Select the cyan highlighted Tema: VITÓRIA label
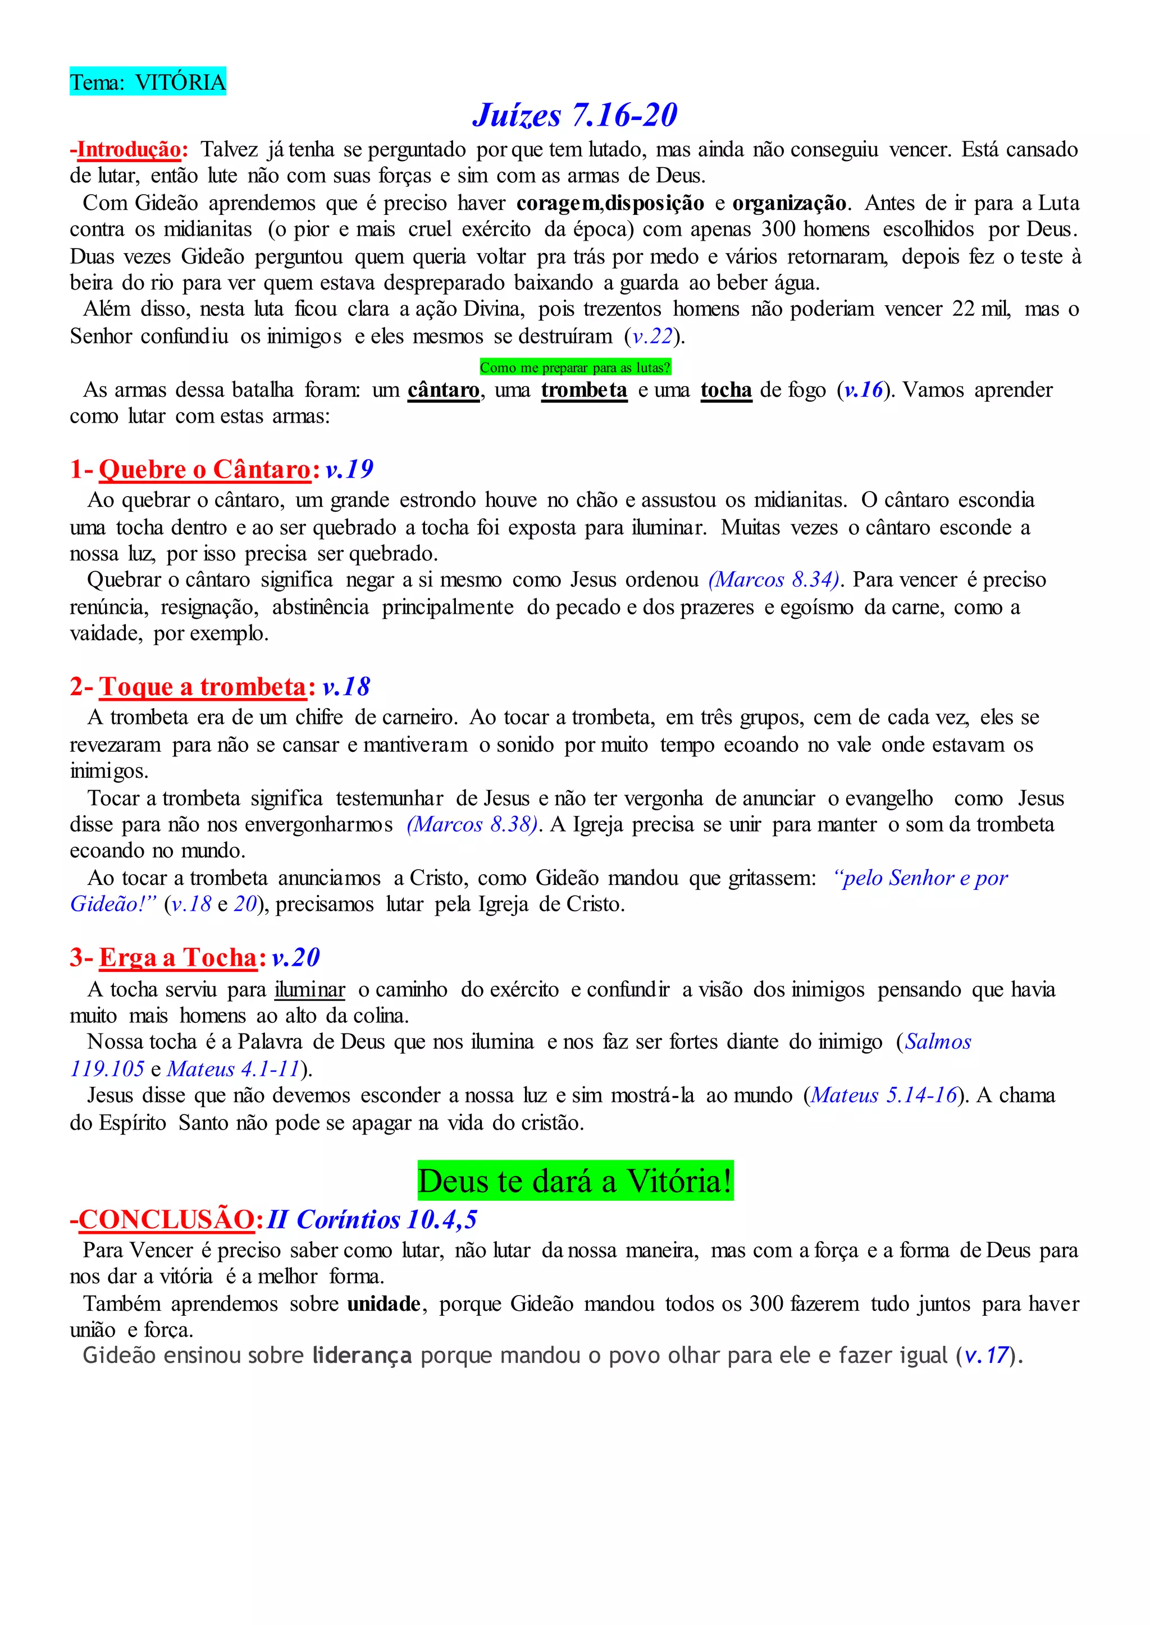click(x=147, y=82)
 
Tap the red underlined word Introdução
click(x=129, y=150)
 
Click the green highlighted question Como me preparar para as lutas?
click(x=574, y=368)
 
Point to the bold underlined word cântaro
click(x=443, y=390)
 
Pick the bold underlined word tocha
click(x=726, y=390)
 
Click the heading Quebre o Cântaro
click(x=204, y=469)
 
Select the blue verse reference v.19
click(x=349, y=469)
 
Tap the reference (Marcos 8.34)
click(x=774, y=580)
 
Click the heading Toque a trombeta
click(x=203, y=686)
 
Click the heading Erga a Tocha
click(x=178, y=958)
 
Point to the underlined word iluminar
click(x=309, y=989)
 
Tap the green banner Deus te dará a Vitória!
click(x=575, y=1181)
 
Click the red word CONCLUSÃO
click(x=166, y=1219)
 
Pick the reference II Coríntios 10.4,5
click(x=372, y=1219)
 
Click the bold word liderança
click(x=362, y=1355)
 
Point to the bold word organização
click(x=789, y=204)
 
